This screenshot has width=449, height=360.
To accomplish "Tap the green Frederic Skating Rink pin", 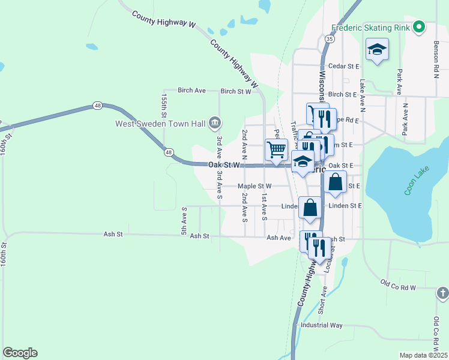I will [419, 27].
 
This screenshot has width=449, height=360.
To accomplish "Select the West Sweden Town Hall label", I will [161, 124].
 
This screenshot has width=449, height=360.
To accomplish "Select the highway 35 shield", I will [330, 38].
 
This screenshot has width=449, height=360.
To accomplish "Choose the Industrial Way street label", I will [322, 325].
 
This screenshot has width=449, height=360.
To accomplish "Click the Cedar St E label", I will [343, 66].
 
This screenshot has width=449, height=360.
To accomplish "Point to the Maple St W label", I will [255, 186].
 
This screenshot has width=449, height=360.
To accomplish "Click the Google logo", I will [20, 353].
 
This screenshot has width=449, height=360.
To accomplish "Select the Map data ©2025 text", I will [423, 355].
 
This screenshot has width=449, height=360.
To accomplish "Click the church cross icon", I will [442, 293].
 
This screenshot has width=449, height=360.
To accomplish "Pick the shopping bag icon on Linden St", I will [310, 208].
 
